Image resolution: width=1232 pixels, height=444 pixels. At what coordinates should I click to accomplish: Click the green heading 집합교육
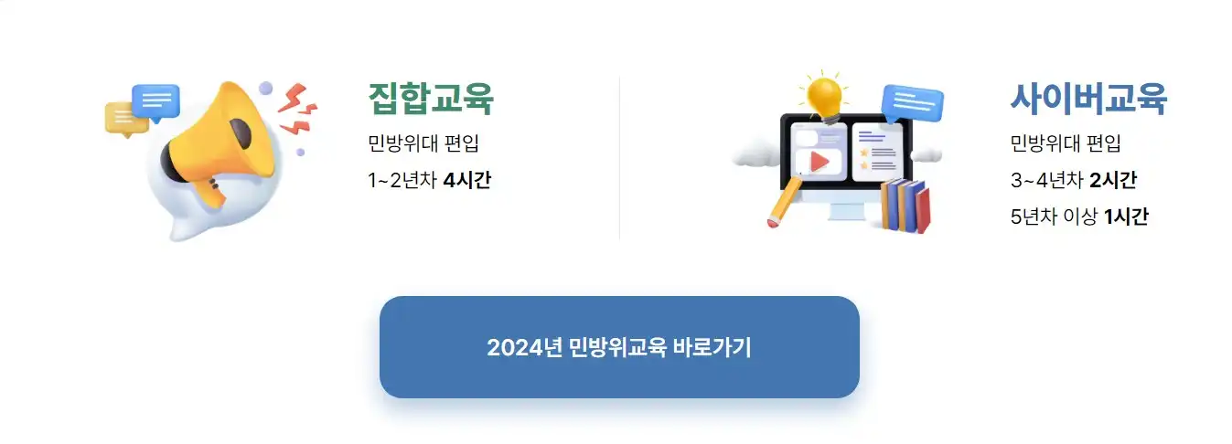pyautogui.click(x=430, y=99)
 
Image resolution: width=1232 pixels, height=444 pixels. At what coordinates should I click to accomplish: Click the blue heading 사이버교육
pyautogui.click(x=1087, y=98)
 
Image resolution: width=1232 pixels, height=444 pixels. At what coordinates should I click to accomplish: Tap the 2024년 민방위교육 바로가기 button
pyautogui.click(x=619, y=347)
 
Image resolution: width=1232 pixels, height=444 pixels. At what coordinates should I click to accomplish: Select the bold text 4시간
pyautogui.click(x=466, y=180)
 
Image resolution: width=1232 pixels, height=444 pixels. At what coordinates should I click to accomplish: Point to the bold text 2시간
pyautogui.click(x=1113, y=180)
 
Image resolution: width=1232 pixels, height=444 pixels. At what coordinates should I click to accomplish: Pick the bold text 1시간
pyautogui.click(x=1126, y=217)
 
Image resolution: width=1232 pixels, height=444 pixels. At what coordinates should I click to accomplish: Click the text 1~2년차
pyautogui.click(x=402, y=180)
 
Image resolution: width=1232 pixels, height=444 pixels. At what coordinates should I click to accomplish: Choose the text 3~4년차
pyautogui.click(x=1047, y=180)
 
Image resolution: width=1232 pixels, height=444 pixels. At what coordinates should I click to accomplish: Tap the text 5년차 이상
pyautogui.click(x=1054, y=217)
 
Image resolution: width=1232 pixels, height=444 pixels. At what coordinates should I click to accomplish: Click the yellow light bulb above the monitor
pyautogui.click(x=826, y=95)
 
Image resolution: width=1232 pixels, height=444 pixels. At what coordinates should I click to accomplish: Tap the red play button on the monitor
pyautogui.click(x=820, y=162)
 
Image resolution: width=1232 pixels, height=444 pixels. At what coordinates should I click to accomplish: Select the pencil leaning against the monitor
pyautogui.click(x=784, y=204)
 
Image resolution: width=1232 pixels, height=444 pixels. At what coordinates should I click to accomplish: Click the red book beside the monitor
pyautogui.click(x=921, y=208)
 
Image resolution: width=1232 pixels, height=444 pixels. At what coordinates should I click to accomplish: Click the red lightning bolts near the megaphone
pyautogui.click(x=297, y=107)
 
